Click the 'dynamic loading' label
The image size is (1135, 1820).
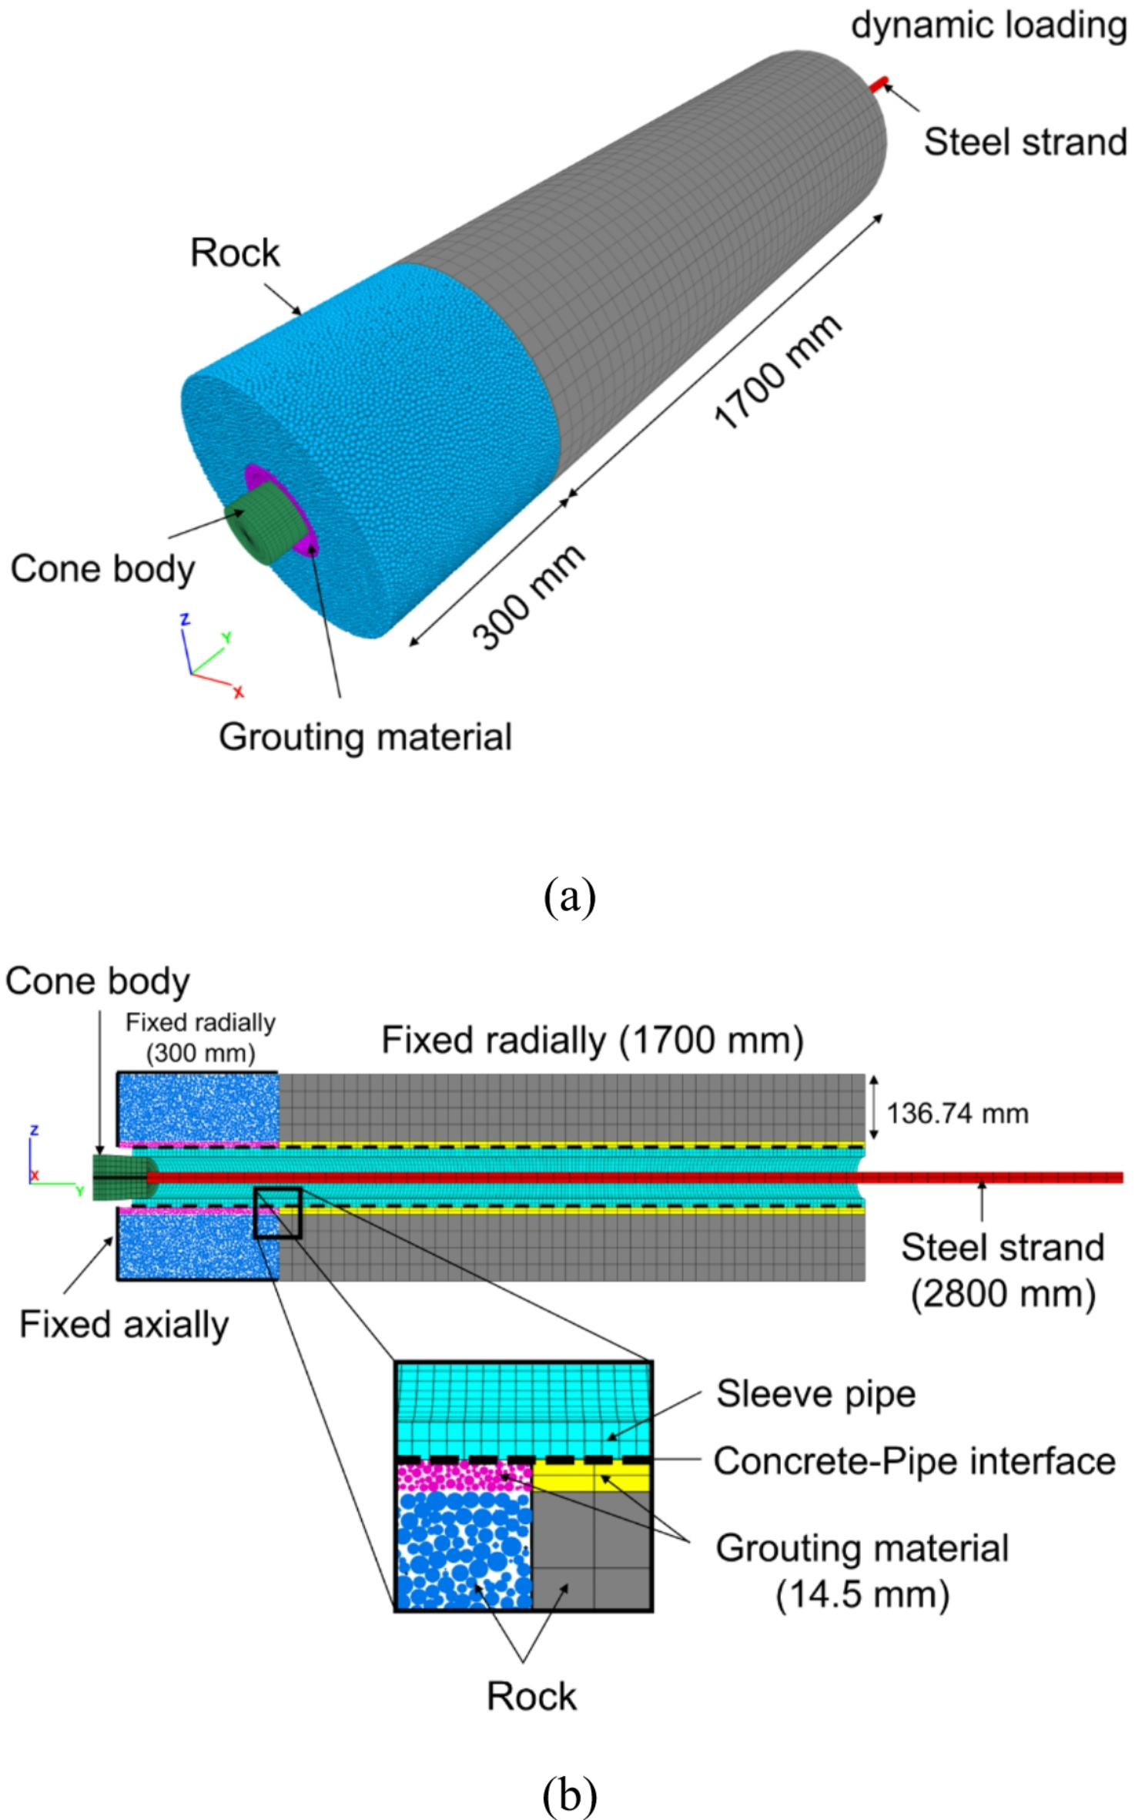click(989, 25)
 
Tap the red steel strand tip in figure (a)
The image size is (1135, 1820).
click(879, 84)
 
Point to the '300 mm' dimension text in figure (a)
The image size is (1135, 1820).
click(528, 598)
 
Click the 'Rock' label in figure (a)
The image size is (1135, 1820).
click(235, 253)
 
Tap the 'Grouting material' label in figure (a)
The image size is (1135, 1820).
click(365, 737)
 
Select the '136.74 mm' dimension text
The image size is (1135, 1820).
click(957, 1114)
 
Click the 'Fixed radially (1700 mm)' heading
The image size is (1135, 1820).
click(592, 1041)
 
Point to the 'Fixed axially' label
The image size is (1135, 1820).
click(123, 1325)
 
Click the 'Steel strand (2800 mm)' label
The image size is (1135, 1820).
click(1003, 1270)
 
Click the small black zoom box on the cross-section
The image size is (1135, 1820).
click(277, 1213)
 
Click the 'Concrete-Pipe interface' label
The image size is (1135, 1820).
click(914, 1461)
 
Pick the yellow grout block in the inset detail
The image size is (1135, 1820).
click(591, 1476)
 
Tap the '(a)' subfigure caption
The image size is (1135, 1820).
click(569, 897)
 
